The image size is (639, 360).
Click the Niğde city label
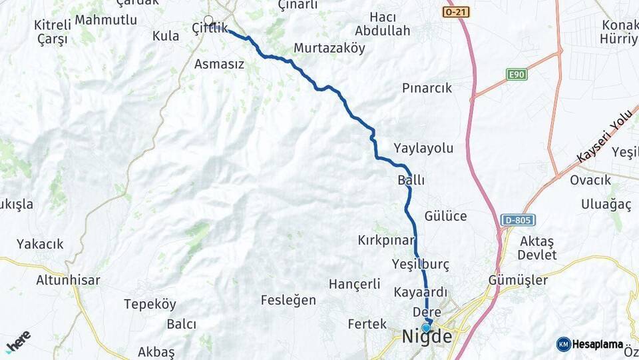[427, 337]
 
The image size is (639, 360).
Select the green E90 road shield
[516, 74]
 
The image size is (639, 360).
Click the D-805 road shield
[517, 220]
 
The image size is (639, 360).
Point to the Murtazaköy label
[329, 49]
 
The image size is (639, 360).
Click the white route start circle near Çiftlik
[209, 21]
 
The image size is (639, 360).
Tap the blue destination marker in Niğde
[426, 327]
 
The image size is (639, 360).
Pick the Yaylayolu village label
[423, 148]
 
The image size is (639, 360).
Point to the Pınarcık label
[427, 88]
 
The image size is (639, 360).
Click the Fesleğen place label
[288, 300]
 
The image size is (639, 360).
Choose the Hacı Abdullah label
[382, 24]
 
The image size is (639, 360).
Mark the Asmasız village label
[219, 65]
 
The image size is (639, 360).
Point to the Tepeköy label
[150, 304]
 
